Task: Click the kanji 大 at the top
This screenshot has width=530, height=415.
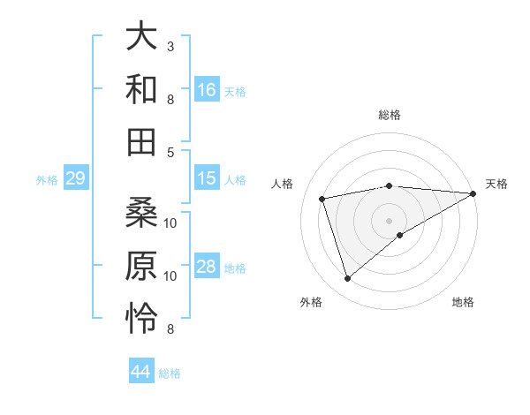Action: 142,36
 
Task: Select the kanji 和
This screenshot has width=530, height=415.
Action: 142,88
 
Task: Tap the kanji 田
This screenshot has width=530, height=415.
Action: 142,140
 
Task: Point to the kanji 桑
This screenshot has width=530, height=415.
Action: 142,212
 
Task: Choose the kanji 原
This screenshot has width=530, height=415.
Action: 142,265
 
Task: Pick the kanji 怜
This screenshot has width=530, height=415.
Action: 142,318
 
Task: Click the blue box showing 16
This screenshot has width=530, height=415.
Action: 207,89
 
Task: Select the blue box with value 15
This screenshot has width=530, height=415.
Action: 207,178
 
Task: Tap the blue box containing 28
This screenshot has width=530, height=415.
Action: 207,267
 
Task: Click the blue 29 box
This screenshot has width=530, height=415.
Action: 75,179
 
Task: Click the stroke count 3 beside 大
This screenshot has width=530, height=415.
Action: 170,45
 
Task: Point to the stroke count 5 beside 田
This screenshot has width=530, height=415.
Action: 170,152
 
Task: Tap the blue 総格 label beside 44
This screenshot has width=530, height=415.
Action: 170,373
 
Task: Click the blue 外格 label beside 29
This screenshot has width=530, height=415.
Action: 47,180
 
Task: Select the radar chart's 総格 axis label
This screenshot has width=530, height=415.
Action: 389,115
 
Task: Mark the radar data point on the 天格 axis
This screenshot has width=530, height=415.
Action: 473,192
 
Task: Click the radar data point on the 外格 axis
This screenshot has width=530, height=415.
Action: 347,279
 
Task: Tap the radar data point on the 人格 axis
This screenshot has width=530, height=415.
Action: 322,198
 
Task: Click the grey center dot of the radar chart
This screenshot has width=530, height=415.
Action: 389,220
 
